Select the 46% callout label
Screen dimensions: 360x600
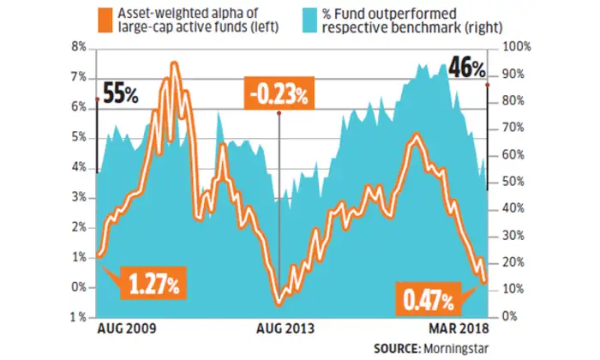click(466, 69)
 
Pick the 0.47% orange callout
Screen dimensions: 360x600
click(428, 300)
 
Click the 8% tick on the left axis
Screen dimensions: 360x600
click(78, 48)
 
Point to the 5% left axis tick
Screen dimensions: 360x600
click(78, 137)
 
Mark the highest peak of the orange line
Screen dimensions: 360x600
click(175, 63)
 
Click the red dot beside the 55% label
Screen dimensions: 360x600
click(98, 99)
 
